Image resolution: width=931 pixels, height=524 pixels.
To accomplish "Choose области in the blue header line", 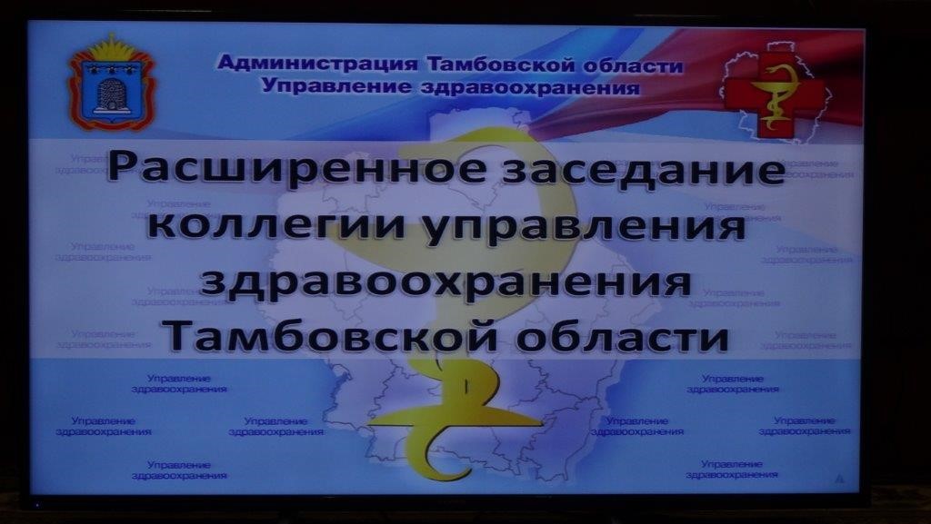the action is [633, 65].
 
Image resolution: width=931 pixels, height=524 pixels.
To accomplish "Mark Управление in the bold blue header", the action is [336, 86].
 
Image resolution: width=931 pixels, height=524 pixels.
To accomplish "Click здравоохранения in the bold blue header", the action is [530, 87].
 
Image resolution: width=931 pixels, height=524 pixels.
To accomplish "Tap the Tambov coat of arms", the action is [112, 83].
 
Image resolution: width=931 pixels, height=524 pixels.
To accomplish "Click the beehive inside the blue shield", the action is [112, 94].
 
